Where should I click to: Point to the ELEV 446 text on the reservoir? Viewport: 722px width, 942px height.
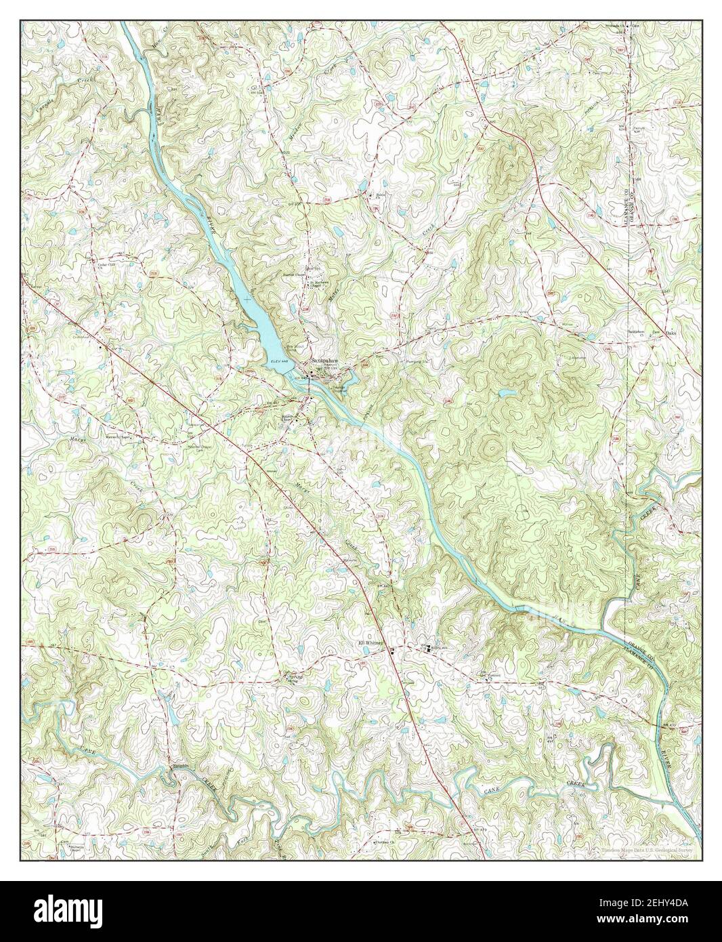tap(279, 363)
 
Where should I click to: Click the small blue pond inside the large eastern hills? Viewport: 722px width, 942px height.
tap(505, 392)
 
